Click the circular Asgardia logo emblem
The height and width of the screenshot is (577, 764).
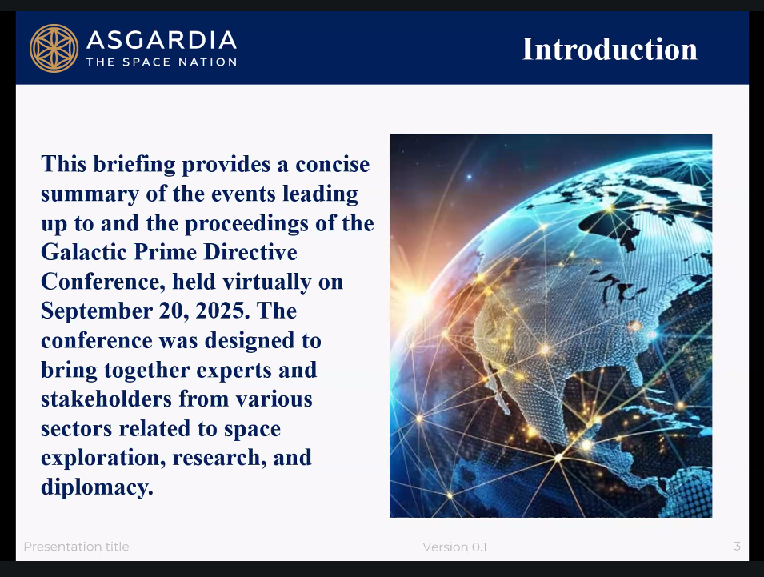(x=54, y=48)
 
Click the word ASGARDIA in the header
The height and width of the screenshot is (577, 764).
(x=162, y=40)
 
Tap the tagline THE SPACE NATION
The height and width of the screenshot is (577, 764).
(x=162, y=62)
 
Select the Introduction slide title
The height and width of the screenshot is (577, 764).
(x=609, y=50)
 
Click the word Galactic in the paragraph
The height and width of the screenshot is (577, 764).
(x=84, y=252)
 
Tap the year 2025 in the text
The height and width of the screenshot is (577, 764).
(x=222, y=311)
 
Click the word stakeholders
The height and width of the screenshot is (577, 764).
(x=106, y=399)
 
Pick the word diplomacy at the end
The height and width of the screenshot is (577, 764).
(x=97, y=487)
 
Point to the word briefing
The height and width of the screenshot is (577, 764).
(x=134, y=164)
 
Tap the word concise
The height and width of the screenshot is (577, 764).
(x=332, y=165)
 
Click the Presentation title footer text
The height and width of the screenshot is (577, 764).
(x=76, y=547)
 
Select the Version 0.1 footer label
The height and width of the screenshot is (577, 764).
(x=454, y=547)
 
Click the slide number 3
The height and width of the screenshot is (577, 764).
(x=738, y=547)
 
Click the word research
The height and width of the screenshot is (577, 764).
(x=220, y=458)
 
